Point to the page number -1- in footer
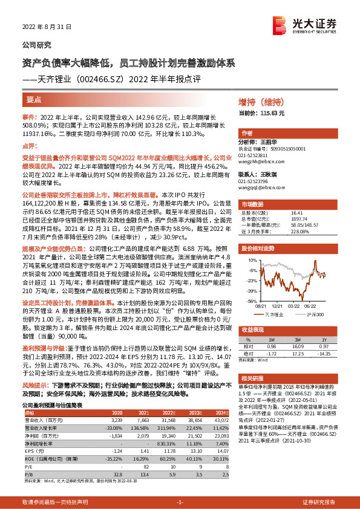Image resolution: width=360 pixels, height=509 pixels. [180, 502]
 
